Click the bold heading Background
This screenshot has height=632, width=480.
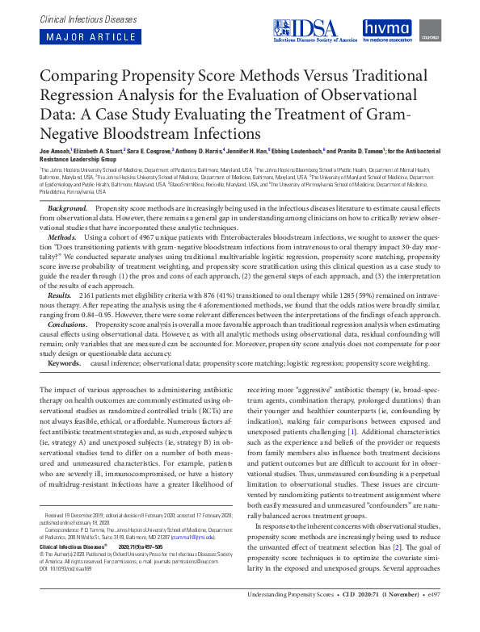coord(68,208)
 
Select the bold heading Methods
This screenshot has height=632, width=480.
coord(63,238)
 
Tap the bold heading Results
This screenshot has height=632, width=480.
coord(62,298)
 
